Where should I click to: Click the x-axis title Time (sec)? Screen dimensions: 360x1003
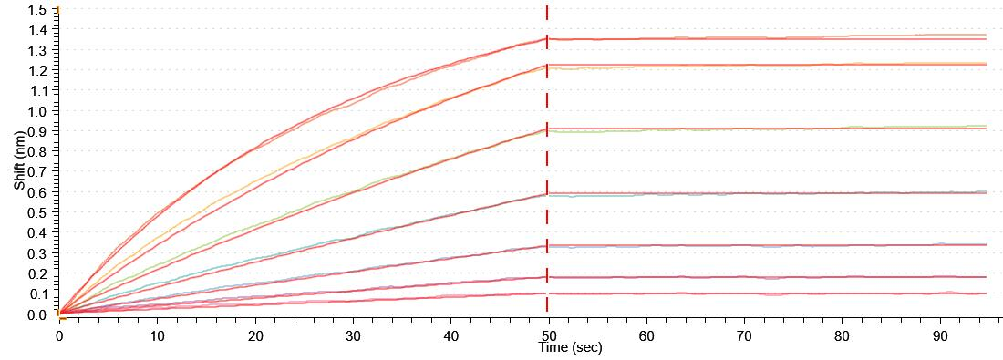(x=570, y=347)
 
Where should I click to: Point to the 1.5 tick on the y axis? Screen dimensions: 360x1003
(x=37, y=9)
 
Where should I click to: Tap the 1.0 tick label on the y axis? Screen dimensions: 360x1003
(x=37, y=111)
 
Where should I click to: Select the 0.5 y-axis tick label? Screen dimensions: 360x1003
(x=37, y=212)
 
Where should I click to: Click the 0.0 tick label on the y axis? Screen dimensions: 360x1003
(x=37, y=314)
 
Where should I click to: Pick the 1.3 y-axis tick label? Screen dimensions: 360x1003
(x=37, y=50)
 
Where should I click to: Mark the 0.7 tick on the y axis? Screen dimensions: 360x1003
(x=37, y=172)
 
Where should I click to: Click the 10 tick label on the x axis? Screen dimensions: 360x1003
(x=157, y=335)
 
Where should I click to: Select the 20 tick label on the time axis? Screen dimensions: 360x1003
(x=254, y=335)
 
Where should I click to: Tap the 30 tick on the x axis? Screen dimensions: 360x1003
(x=353, y=335)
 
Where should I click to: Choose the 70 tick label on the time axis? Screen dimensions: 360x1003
(x=744, y=335)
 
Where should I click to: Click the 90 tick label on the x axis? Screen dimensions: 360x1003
(x=939, y=335)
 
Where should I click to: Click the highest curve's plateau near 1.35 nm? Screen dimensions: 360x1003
(x=729, y=38)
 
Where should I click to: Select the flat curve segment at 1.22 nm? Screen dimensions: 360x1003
(x=729, y=64)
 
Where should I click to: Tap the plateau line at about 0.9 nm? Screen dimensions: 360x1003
(x=729, y=129)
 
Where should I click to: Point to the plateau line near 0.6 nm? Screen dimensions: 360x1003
(x=729, y=193)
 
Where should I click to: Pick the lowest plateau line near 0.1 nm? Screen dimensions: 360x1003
(x=729, y=293)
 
